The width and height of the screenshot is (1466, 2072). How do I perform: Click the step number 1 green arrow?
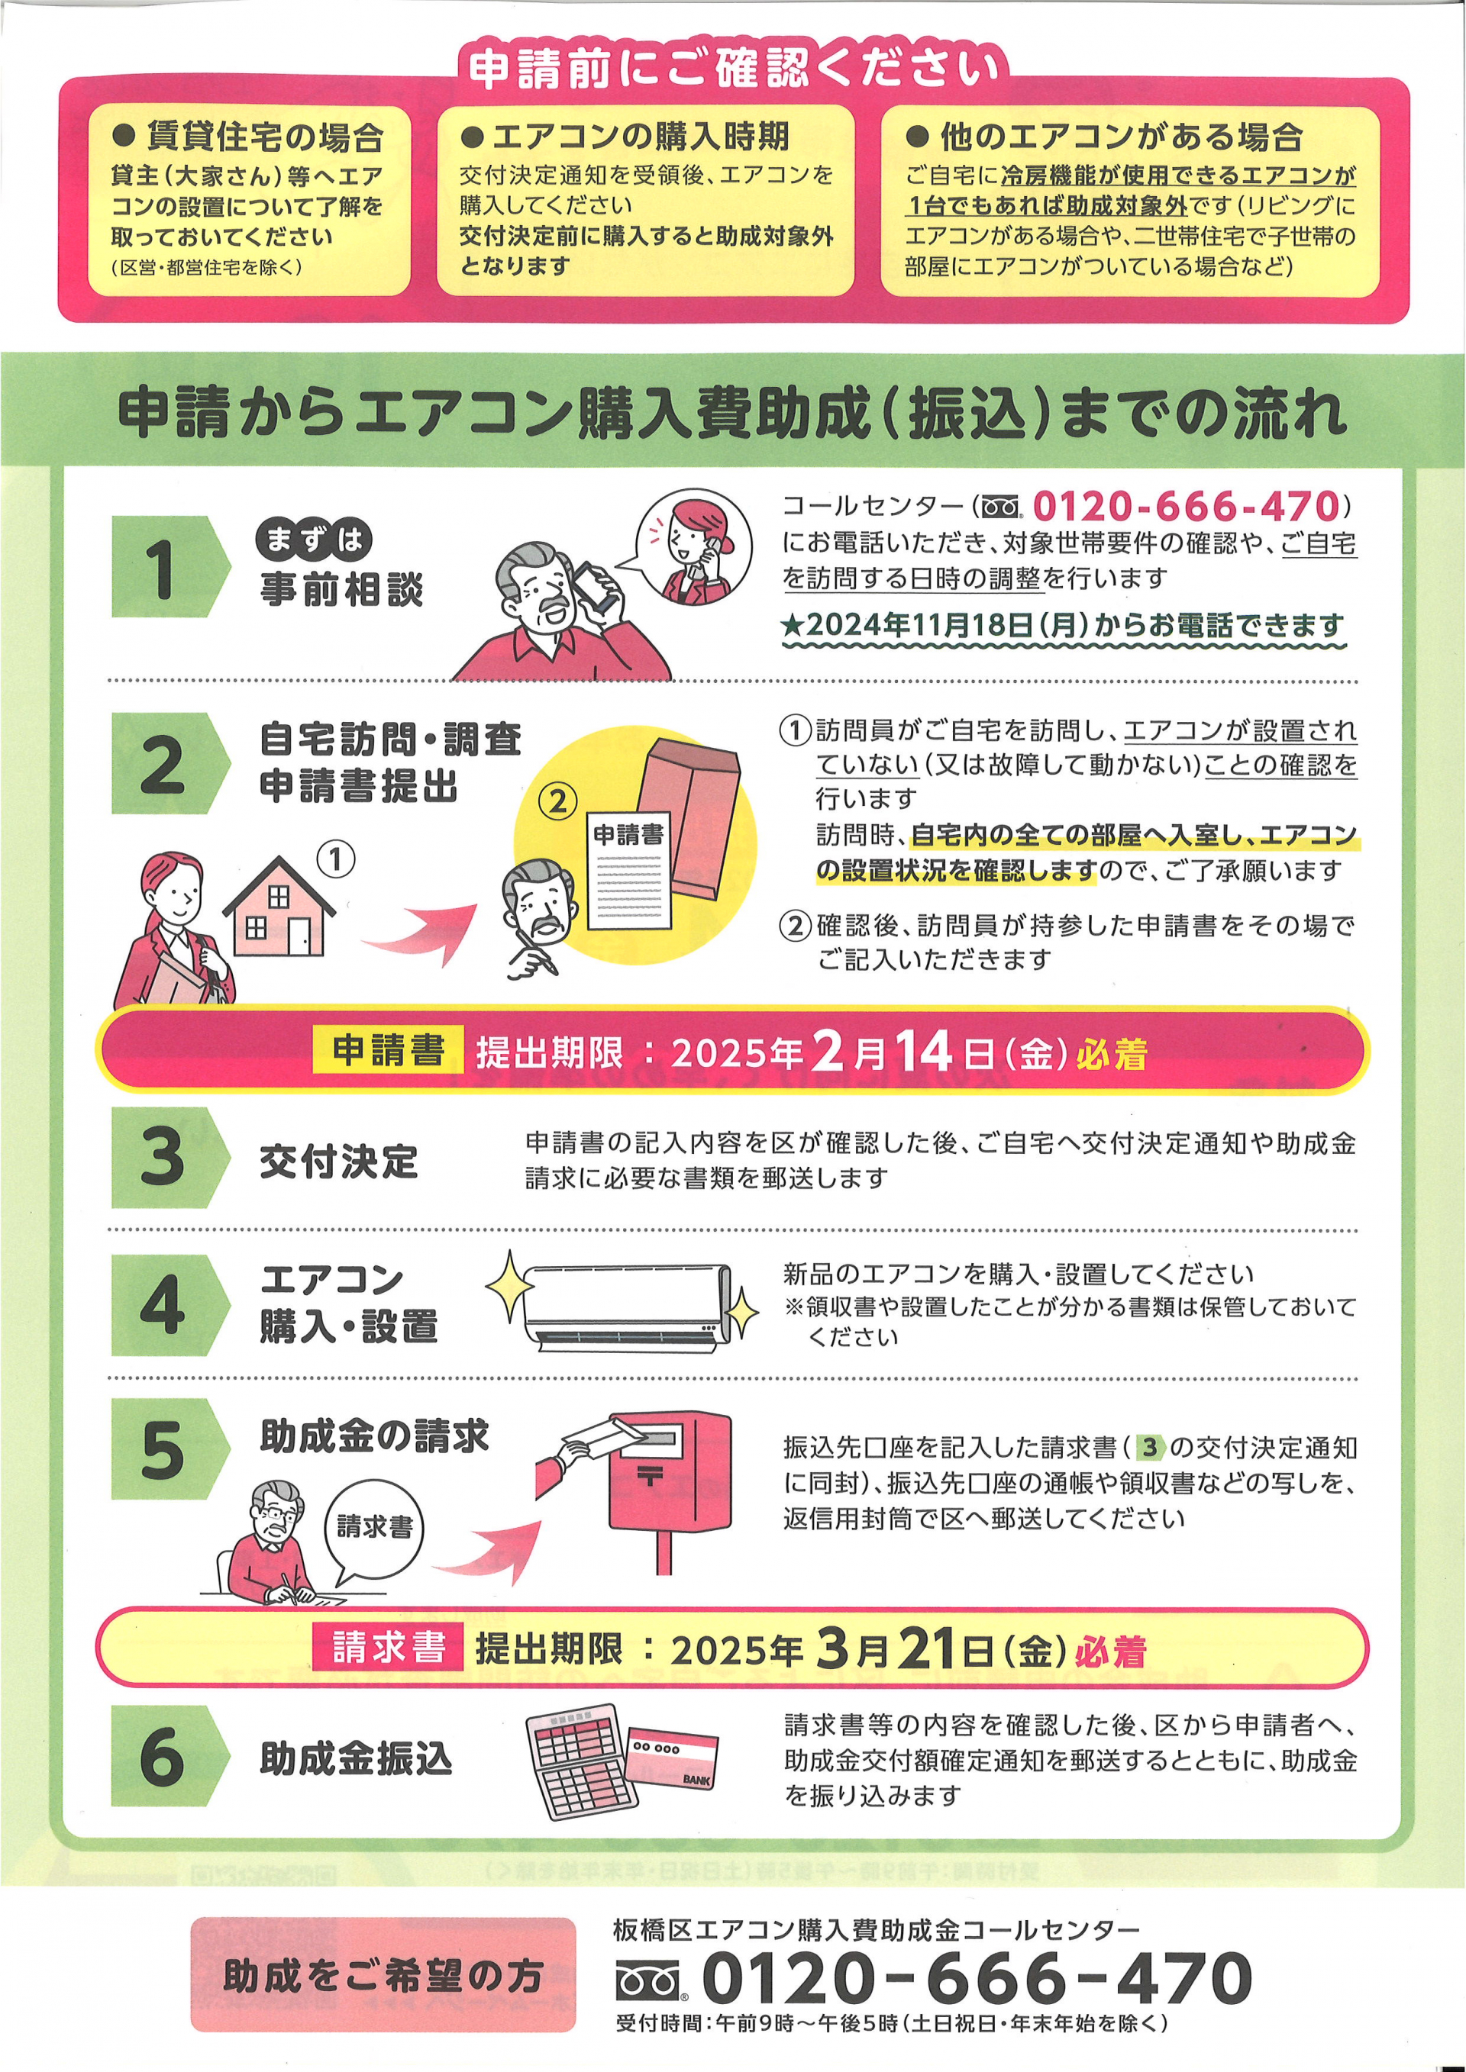170,567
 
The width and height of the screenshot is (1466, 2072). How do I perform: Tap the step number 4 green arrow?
170,1305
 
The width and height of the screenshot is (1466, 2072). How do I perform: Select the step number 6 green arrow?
170,1756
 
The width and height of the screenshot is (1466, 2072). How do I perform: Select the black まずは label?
314,540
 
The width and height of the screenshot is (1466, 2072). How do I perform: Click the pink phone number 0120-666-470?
1186,506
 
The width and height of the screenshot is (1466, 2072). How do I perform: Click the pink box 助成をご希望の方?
383,1974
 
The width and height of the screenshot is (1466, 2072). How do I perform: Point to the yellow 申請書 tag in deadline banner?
388,1049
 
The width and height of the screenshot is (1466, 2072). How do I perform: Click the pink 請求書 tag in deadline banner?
388,1647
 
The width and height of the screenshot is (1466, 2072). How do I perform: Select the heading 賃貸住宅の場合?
249,137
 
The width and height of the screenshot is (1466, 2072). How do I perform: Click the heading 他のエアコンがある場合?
1105,137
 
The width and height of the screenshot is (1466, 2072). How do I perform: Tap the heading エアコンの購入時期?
625,137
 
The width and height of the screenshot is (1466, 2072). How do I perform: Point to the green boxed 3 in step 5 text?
1149,1448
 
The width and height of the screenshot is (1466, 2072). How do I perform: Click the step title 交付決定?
340,1162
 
